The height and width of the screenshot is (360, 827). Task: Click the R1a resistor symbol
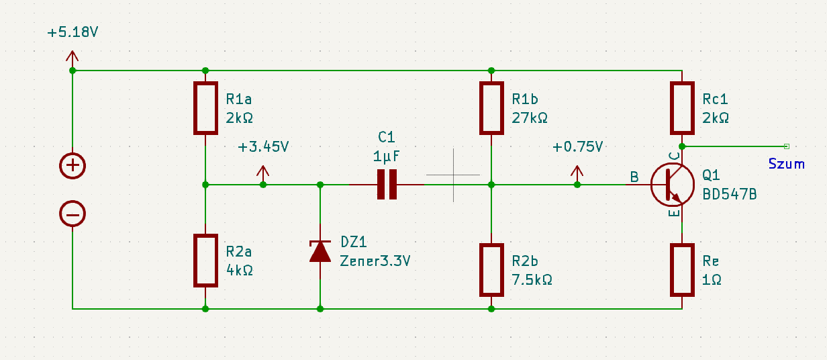[x=205, y=108]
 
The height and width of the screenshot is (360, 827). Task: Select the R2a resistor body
[x=205, y=261]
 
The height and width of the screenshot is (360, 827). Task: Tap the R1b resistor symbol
[x=491, y=108]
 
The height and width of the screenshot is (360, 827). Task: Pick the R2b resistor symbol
[x=491, y=270]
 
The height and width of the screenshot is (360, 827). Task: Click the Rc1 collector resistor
[x=682, y=108]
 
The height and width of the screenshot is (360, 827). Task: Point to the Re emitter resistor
[x=682, y=270]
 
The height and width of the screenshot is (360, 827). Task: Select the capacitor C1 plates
[x=387, y=185]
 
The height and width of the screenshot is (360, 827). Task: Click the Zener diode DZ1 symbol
[x=320, y=251]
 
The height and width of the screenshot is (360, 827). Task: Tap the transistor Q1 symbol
[x=673, y=184]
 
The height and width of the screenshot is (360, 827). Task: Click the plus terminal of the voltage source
[x=72, y=165]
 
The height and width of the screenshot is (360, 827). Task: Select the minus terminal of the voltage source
[x=72, y=214]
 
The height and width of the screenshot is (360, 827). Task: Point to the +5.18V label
[x=72, y=32]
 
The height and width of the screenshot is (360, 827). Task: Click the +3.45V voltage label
[x=263, y=147]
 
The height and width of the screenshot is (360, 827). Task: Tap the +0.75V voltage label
[x=578, y=147]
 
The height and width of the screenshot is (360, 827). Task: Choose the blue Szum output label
[x=787, y=164]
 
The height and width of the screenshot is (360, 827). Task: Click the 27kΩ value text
[x=530, y=118]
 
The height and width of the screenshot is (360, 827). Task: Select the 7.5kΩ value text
[x=532, y=280]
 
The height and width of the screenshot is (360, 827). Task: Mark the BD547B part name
[x=729, y=194]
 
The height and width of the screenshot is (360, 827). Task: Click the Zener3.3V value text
[x=375, y=261]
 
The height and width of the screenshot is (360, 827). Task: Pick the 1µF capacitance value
[x=387, y=157]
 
